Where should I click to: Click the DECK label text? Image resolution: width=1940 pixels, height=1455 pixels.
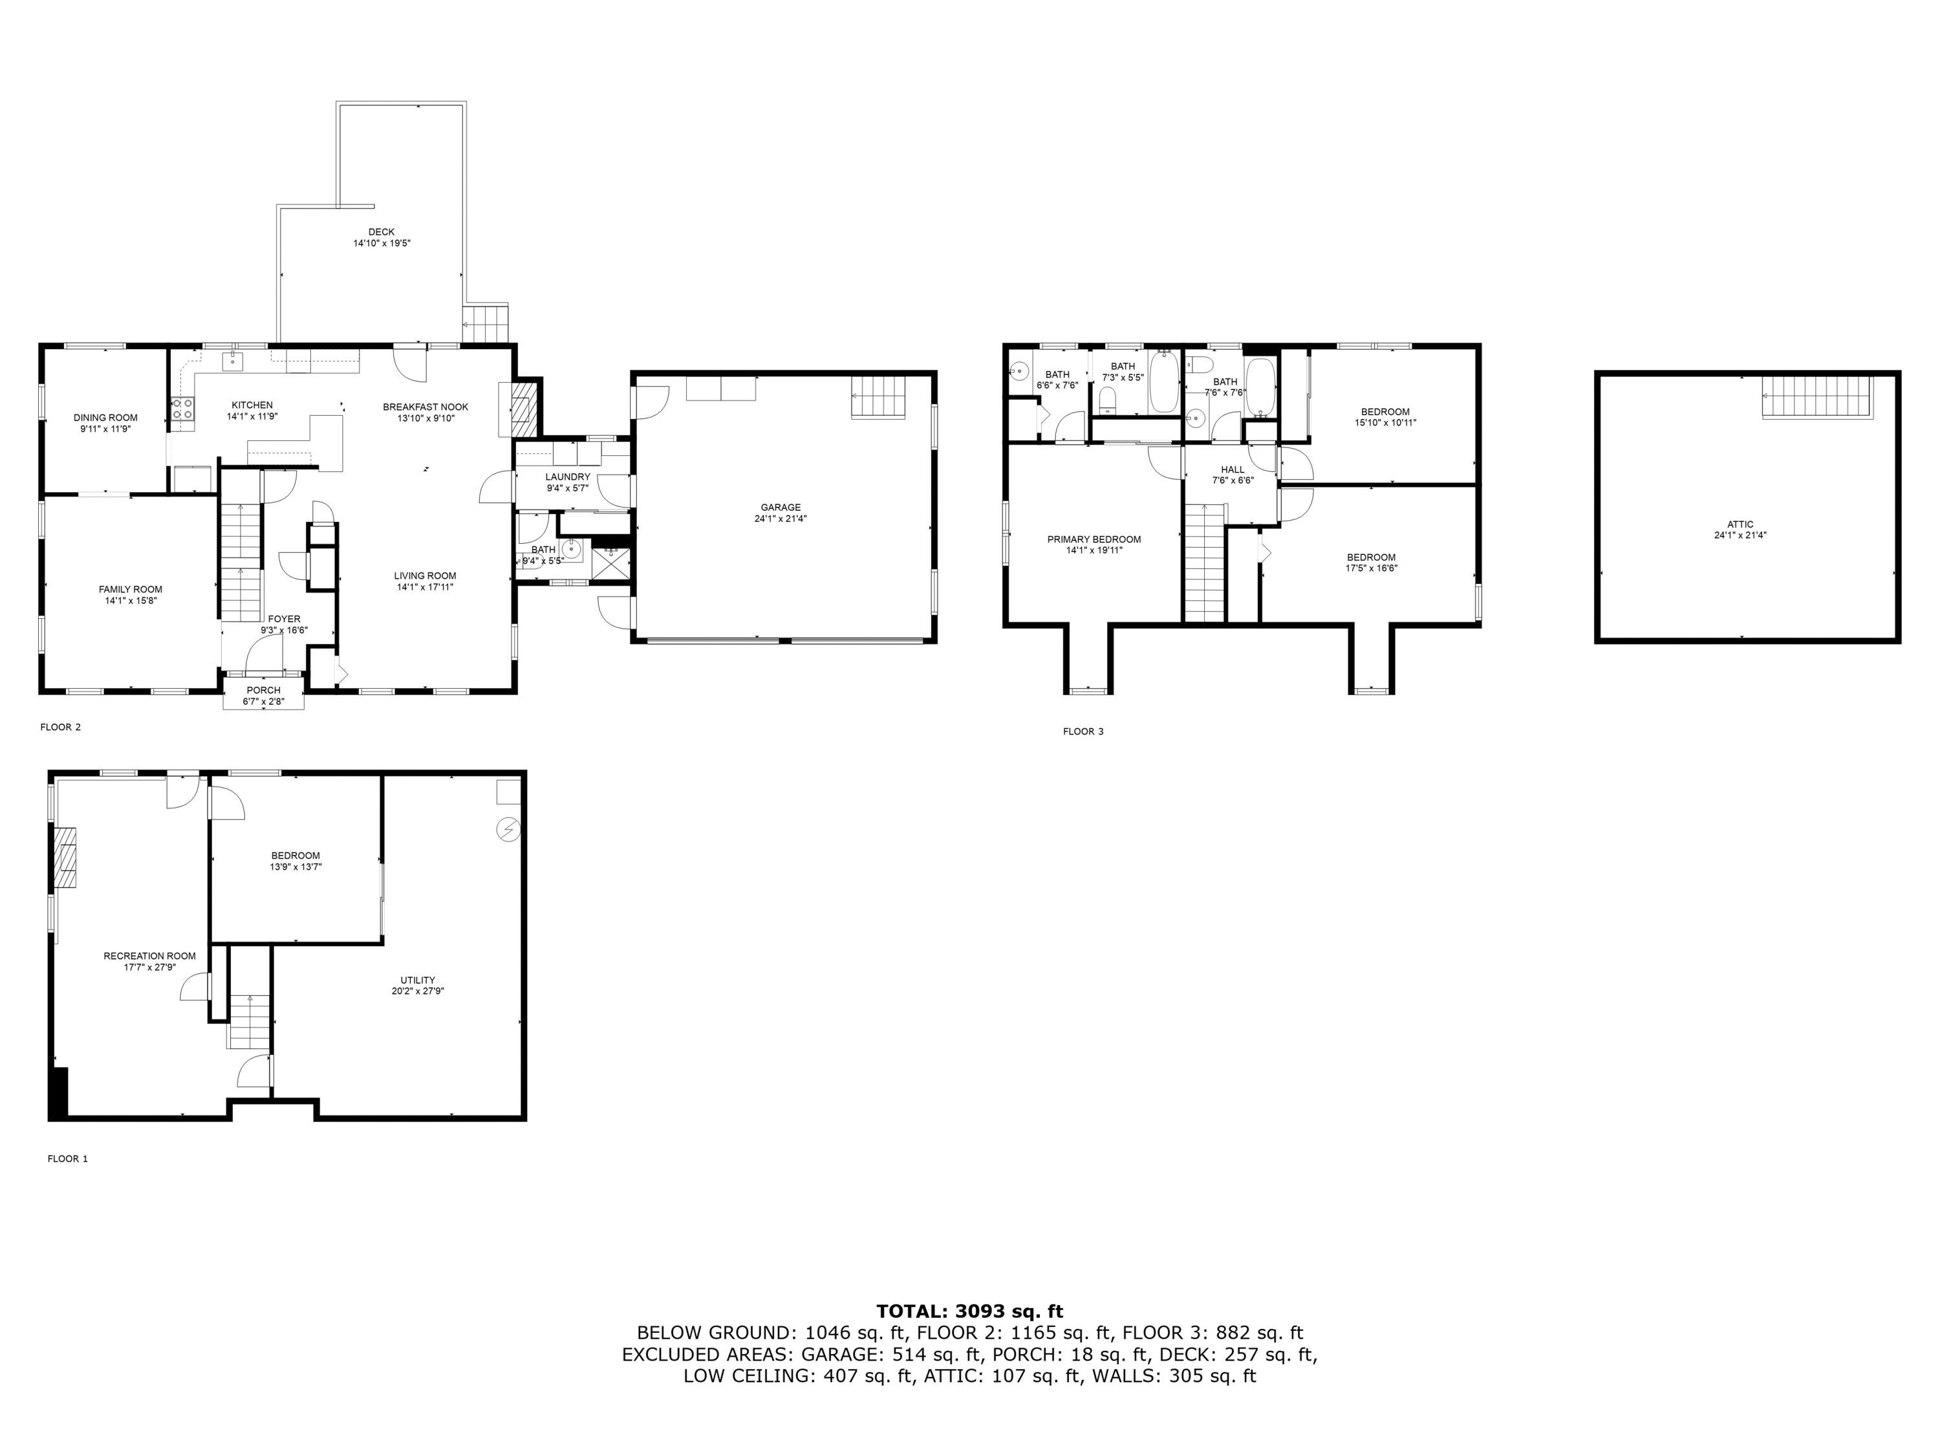pyautogui.click(x=382, y=232)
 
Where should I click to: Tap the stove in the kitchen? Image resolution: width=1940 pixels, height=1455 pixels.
pyautogui.click(x=182, y=408)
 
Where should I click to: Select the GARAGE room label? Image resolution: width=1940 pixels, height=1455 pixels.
pyautogui.click(x=781, y=508)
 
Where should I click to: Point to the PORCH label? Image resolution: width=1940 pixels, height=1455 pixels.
pyautogui.click(x=263, y=690)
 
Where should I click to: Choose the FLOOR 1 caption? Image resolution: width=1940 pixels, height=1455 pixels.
pyautogui.click(x=67, y=1159)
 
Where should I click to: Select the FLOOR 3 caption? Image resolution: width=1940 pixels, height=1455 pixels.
pyautogui.click(x=1083, y=731)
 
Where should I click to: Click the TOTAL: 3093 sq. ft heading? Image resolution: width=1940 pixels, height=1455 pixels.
pyautogui.click(x=969, y=1312)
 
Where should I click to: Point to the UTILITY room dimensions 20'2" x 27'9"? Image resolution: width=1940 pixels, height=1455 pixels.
pyautogui.click(x=418, y=991)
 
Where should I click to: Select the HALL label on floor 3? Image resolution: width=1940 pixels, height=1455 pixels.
pyautogui.click(x=1233, y=470)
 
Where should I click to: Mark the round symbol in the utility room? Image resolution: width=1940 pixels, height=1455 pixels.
pyautogui.click(x=508, y=829)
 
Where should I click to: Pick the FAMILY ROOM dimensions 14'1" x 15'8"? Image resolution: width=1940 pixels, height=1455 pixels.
pyautogui.click(x=130, y=601)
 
